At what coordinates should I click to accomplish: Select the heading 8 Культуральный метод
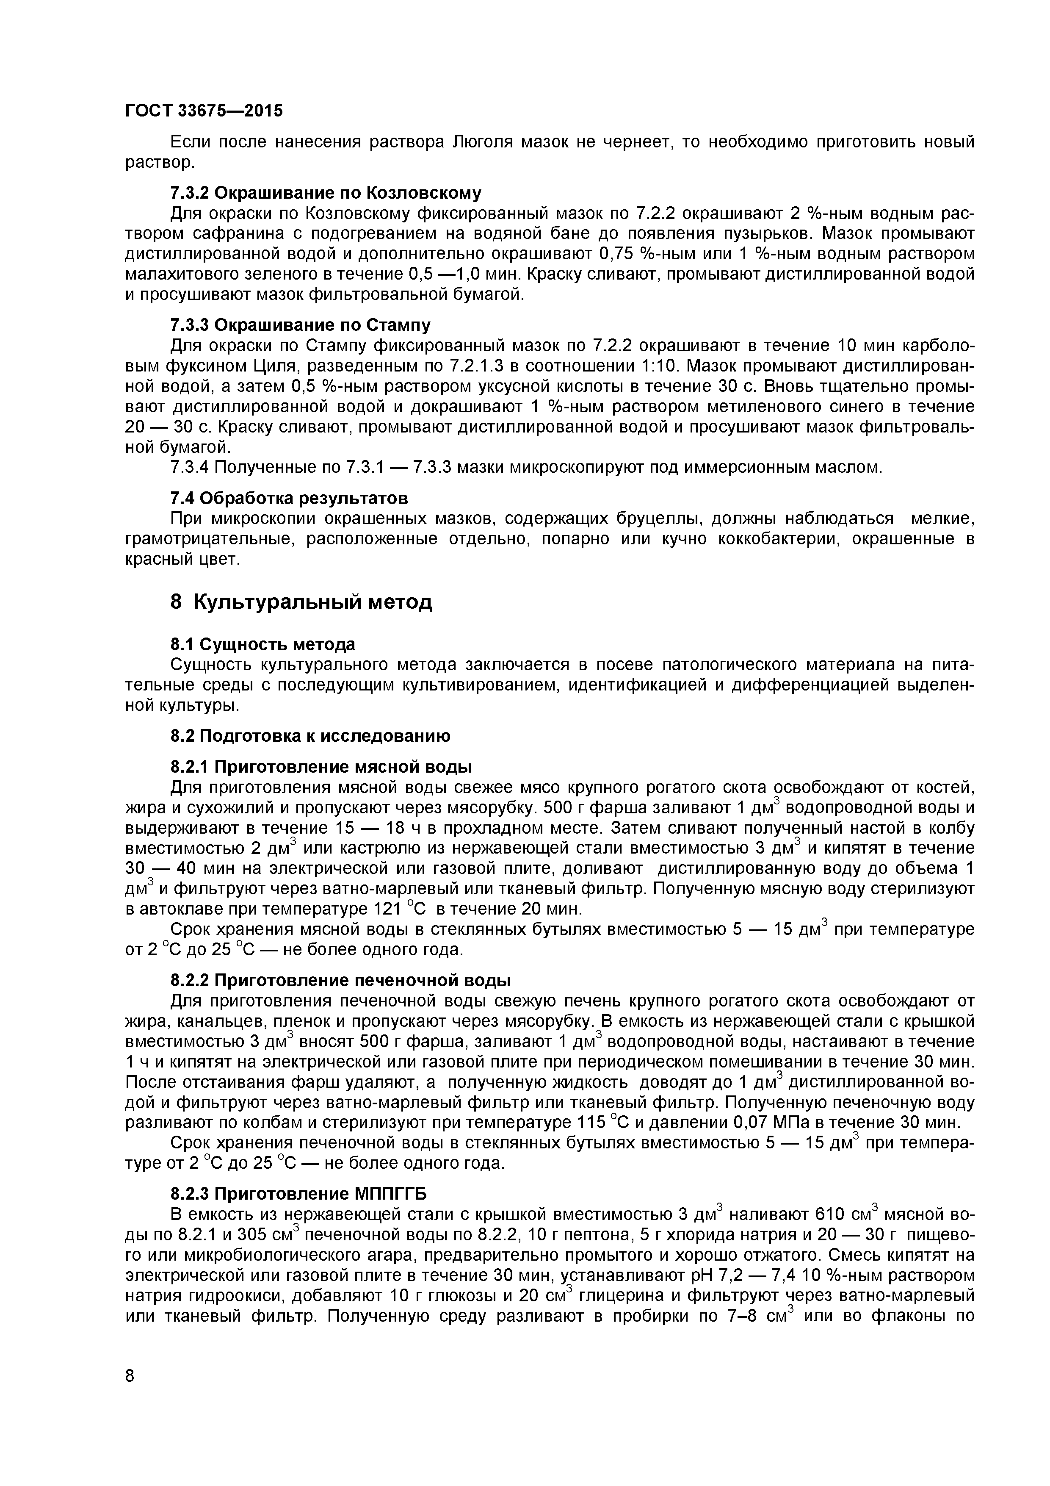[301, 602]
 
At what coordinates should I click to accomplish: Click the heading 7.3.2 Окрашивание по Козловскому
[326, 193]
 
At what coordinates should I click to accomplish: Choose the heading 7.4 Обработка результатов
[289, 498]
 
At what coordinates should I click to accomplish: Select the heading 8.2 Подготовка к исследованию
[310, 736]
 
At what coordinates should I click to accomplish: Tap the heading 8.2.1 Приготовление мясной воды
[321, 767]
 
